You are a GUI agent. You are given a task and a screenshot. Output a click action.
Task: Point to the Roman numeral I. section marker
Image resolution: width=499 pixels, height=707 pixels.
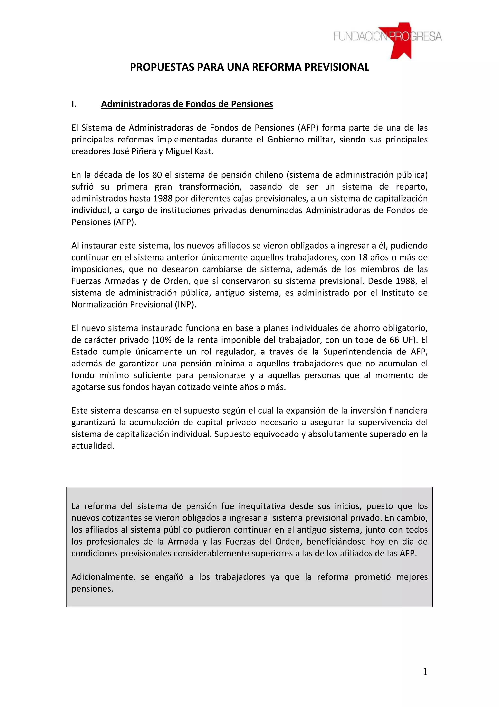coord(74,104)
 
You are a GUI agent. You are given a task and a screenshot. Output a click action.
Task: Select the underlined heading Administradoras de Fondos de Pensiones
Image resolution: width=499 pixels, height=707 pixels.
coord(187,104)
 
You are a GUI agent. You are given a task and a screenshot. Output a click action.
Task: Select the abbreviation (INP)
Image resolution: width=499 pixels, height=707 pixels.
coord(185,304)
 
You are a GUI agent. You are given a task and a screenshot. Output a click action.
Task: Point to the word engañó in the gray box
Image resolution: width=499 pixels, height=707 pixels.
coord(169,577)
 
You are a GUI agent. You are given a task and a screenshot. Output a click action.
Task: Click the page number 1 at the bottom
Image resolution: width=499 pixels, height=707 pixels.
coord(425,672)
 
